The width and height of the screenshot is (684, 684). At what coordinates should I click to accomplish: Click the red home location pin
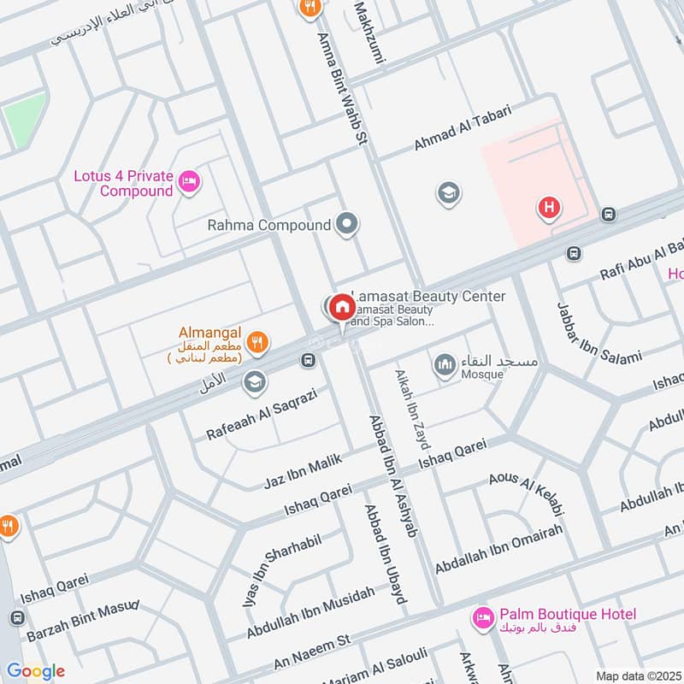click(x=342, y=307)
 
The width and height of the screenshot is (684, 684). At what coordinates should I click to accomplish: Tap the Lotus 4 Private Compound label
click(x=122, y=184)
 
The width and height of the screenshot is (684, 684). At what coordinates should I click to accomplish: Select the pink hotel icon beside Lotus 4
click(x=189, y=180)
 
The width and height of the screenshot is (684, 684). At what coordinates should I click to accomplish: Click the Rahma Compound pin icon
click(x=346, y=225)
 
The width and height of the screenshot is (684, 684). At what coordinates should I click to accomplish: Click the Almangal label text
click(x=210, y=332)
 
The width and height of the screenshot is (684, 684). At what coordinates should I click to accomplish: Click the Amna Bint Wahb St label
click(x=341, y=85)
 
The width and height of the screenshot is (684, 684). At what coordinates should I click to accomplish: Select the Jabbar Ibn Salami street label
click(x=598, y=334)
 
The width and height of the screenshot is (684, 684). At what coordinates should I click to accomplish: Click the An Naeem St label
click(x=313, y=654)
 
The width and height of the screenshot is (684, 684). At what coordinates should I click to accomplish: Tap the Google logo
click(x=35, y=670)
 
